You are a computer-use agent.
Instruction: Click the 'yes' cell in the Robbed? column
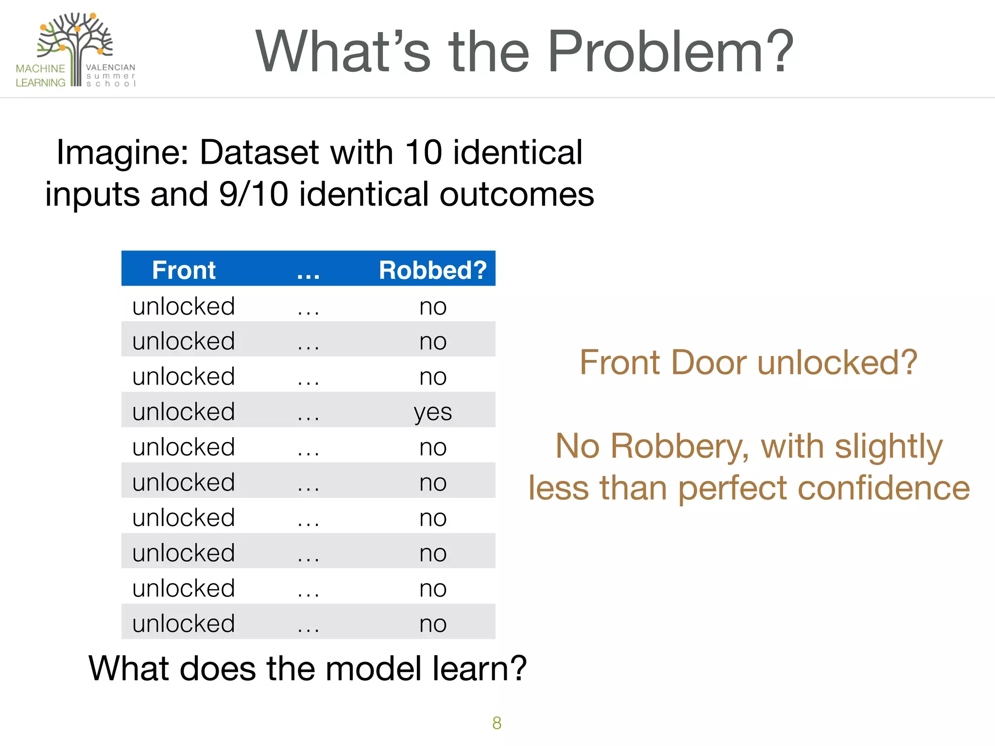tap(432, 412)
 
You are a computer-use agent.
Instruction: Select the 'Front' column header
tap(184, 270)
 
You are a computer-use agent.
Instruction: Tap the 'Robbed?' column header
tap(432, 270)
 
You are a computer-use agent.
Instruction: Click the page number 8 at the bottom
tap(497, 723)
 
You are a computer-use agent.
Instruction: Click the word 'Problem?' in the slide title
tap(670, 51)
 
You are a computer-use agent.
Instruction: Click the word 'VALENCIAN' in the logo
tap(111, 68)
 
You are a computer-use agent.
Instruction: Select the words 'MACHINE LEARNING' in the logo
tap(40, 76)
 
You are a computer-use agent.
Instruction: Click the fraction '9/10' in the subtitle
tap(253, 194)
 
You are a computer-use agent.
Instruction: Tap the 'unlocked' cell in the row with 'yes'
tap(184, 412)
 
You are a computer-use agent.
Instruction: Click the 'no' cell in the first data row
tap(432, 306)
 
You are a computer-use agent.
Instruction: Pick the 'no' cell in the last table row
tap(432, 624)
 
